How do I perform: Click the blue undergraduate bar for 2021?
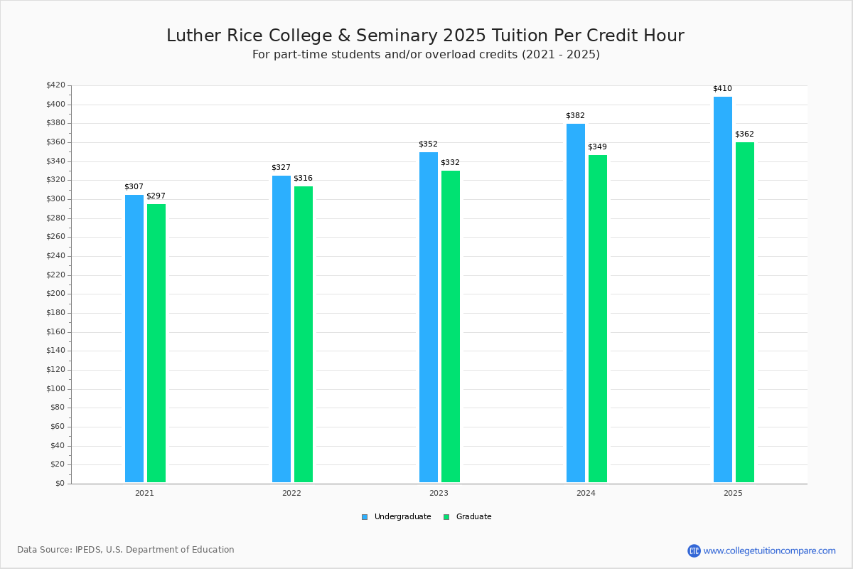point(134,339)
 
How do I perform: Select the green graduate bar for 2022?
point(304,334)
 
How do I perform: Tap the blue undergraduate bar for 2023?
point(429,317)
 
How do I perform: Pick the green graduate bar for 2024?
point(598,319)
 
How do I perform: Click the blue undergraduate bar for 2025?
point(723,289)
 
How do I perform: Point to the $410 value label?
point(722,89)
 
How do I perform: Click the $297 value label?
point(156,196)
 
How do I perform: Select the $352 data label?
point(428,144)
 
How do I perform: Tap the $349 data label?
point(597,147)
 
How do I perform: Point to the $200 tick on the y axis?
point(55,294)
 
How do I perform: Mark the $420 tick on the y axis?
point(55,85)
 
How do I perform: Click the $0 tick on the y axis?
point(60,484)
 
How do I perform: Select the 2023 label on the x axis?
point(439,493)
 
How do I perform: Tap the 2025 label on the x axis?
point(733,493)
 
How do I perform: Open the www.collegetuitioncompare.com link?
point(770,551)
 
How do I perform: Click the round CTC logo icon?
point(694,551)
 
